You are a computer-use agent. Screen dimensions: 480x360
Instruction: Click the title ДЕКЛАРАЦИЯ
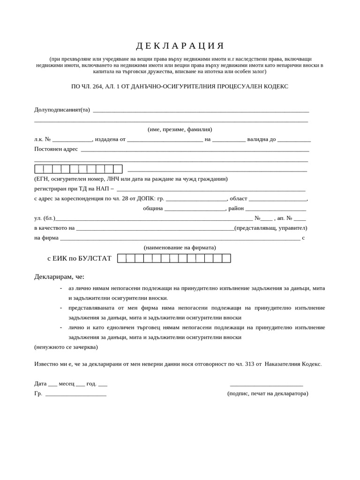pyautogui.click(x=180, y=46)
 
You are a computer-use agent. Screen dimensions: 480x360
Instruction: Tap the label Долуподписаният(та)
pyautogui.click(x=62, y=110)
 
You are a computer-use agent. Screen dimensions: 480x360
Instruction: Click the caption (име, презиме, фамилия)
pyautogui.click(x=180, y=129)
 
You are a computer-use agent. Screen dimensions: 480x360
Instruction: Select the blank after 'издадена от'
pyautogui.click(x=165, y=139)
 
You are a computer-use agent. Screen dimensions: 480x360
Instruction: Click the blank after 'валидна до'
pyautogui.click(x=294, y=139)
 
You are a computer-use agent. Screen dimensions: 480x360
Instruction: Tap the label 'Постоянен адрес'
pyautogui.click(x=56, y=149)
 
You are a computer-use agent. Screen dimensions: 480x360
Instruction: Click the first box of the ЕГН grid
pyautogui.click(x=39, y=169)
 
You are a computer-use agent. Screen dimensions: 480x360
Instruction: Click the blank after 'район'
pyautogui.click(x=276, y=209)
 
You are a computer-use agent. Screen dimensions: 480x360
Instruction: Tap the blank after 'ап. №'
pyautogui.click(x=300, y=218)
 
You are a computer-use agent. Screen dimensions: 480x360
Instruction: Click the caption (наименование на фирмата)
pyautogui.click(x=180, y=247)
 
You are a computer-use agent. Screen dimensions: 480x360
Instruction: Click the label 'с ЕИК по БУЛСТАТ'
pyautogui.click(x=79, y=258)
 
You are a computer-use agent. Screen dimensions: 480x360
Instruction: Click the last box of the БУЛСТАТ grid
pyautogui.click(x=226, y=258)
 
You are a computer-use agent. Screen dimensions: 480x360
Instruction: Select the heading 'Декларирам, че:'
pyautogui.click(x=59, y=277)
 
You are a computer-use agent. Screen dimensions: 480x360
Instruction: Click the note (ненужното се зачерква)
pyautogui.click(x=66, y=347)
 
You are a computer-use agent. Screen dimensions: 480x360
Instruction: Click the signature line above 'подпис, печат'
pyautogui.click(x=267, y=384)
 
